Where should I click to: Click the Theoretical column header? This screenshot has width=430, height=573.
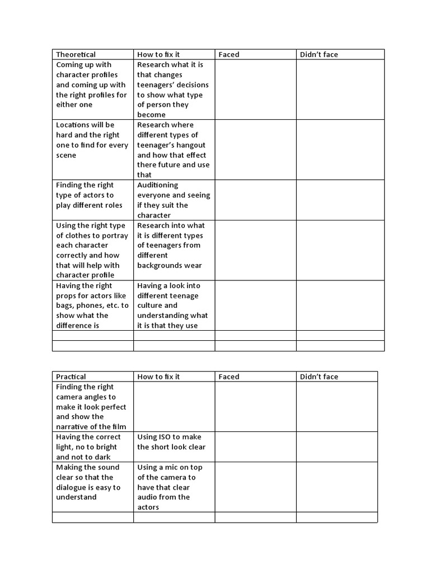[x=76, y=54]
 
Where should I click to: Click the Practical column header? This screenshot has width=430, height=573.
[x=71, y=377]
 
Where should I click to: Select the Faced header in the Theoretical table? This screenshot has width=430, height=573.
[x=228, y=54]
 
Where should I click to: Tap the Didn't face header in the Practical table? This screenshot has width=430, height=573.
[x=319, y=377]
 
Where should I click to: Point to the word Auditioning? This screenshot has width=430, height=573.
[x=157, y=185]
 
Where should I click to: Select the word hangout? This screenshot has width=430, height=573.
[x=192, y=145]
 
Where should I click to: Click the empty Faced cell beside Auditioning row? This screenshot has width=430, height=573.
[x=255, y=200]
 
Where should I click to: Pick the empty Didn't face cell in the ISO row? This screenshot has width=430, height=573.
[x=336, y=447]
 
